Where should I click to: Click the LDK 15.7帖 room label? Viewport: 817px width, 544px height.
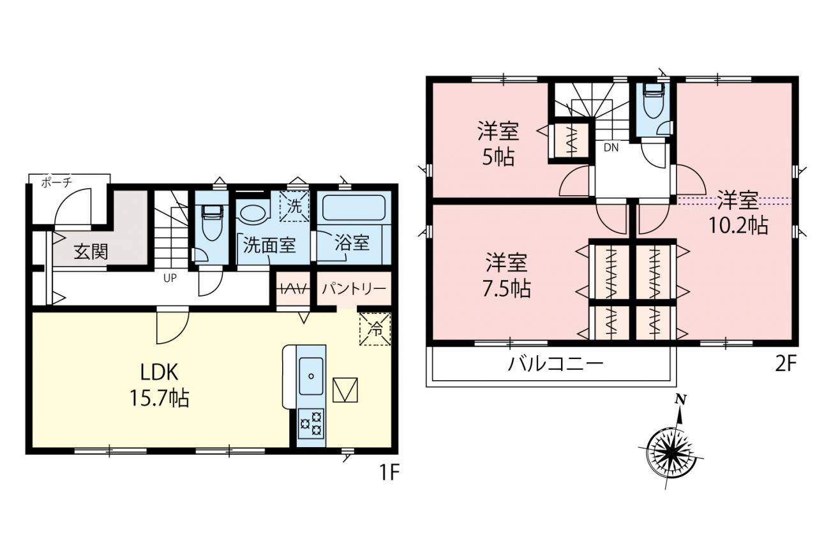coord(159,385)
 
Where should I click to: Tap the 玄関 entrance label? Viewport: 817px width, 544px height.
coord(91,252)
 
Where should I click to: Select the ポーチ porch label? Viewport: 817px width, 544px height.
coord(57,182)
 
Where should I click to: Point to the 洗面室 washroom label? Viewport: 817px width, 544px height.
coord(269,246)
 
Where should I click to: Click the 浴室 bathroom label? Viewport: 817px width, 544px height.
coord(352,243)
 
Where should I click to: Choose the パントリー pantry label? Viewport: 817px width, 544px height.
coord(354,290)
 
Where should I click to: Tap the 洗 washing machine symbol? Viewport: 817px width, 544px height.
coord(294,206)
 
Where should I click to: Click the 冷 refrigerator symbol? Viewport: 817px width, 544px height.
coord(375,329)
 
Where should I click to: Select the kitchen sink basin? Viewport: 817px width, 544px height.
coord(311,376)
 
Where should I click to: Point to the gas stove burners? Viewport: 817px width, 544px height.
coord(311,423)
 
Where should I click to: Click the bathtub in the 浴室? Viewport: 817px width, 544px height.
coord(354,208)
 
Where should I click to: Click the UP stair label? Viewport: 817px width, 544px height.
coord(170,278)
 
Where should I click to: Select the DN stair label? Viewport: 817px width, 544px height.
coord(611,147)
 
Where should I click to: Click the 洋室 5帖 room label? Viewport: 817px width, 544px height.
coord(498,145)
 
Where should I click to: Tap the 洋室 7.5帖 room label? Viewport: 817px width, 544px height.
coord(507,276)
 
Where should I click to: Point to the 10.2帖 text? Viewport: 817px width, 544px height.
coord(738,225)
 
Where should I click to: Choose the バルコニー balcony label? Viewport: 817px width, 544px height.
coord(557,364)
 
